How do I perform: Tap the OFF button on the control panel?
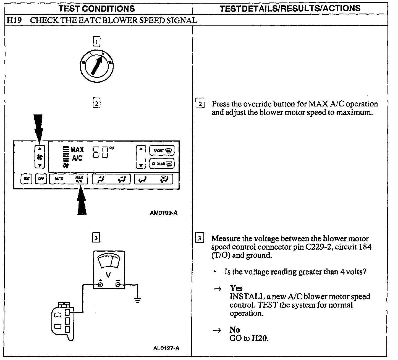[x=41, y=179]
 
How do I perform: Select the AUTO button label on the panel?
[x=59, y=179]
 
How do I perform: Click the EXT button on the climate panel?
[x=27, y=179]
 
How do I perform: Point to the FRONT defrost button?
[x=162, y=151]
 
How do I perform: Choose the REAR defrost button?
[x=162, y=164]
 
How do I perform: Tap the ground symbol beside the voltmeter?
[x=137, y=299]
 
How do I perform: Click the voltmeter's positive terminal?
[x=100, y=285]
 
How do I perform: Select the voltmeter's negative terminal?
[x=118, y=285]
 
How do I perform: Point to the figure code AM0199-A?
[x=164, y=213]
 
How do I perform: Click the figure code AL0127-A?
[x=166, y=348]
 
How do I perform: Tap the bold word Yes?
[x=236, y=288]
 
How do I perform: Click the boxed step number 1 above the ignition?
[x=96, y=42]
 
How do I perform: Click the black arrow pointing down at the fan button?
[x=38, y=127]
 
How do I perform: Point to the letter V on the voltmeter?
[x=108, y=275]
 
